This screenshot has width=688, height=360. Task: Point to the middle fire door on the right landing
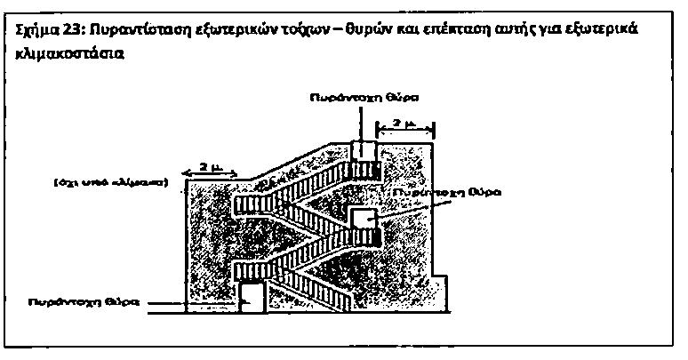coord(361,216)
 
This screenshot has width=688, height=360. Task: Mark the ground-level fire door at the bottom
coord(253,296)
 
